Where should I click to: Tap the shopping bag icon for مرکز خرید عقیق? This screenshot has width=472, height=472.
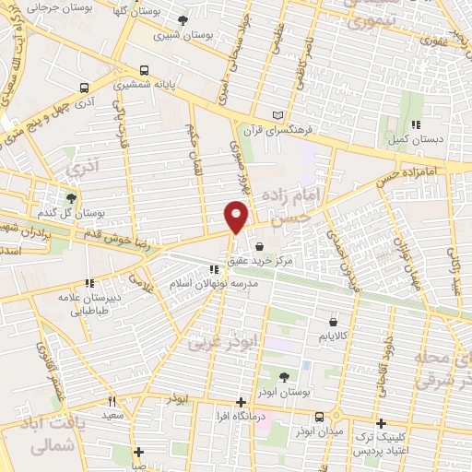pos(258,246)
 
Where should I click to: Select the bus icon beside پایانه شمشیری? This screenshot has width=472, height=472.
pos(143,70)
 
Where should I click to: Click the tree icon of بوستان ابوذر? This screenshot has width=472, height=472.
pos(283,376)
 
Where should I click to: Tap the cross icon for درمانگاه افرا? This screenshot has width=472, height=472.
pos(241,402)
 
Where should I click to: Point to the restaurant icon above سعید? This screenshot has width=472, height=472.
pos(112,401)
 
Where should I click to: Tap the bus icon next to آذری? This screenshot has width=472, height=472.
pos(85,89)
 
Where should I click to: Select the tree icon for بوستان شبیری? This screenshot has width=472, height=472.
pos(183,19)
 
